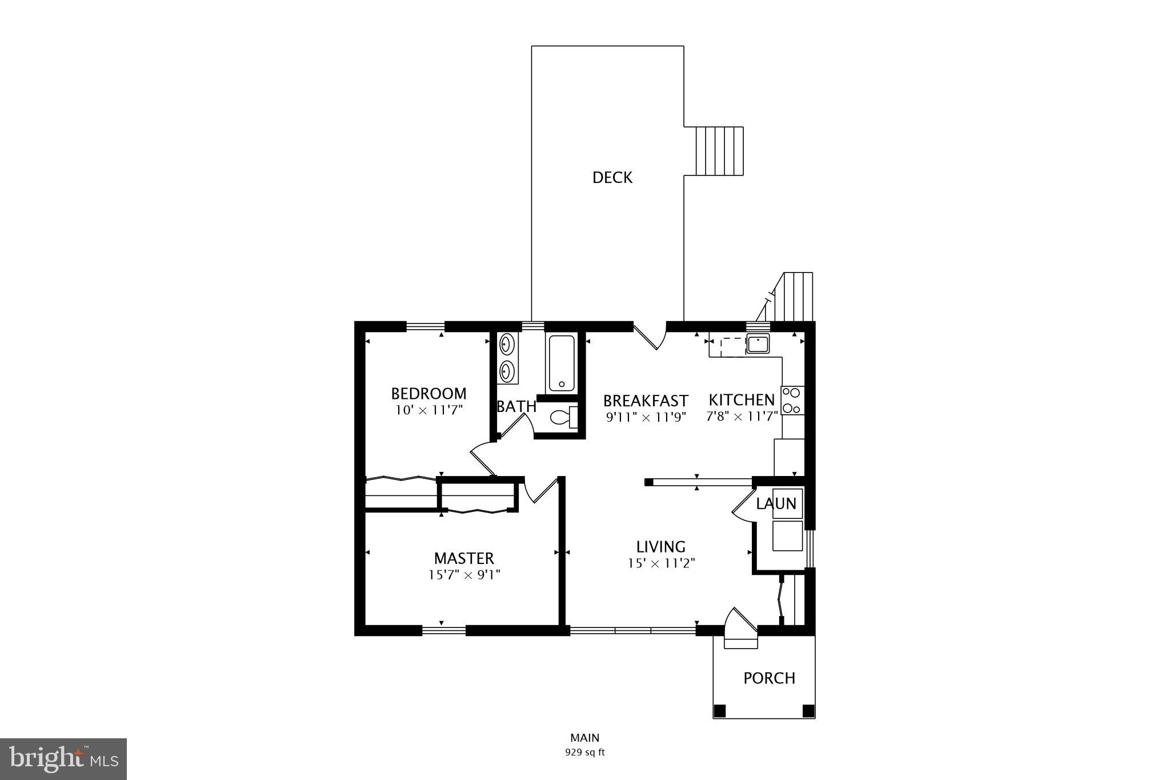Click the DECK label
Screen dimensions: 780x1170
(x=612, y=178)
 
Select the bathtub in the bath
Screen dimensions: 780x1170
(x=561, y=363)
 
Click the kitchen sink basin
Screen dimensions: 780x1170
(x=758, y=344)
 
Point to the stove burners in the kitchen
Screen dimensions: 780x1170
(x=792, y=400)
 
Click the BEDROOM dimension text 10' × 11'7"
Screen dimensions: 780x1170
(x=428, y=410)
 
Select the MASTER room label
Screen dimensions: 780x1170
(x=463, y=558)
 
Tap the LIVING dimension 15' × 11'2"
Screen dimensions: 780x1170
(x=661, y=563)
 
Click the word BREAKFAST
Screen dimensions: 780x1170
(x=646, y=400)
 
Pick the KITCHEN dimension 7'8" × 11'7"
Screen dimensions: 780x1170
(x=742, y=416)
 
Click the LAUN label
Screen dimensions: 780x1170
(x=776, y=503)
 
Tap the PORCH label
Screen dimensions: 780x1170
(x=769, y=678)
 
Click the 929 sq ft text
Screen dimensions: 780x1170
(x=584, y=752)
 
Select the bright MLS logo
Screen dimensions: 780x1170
(x=63, y=759)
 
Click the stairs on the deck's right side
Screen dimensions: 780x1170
(x=719, y=151)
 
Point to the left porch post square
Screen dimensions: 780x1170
(x=720, y=711)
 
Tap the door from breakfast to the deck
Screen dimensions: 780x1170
(x=651, y=339)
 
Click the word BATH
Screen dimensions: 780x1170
(x=516, y=406)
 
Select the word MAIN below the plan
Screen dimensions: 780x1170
(x=584, y=738)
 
